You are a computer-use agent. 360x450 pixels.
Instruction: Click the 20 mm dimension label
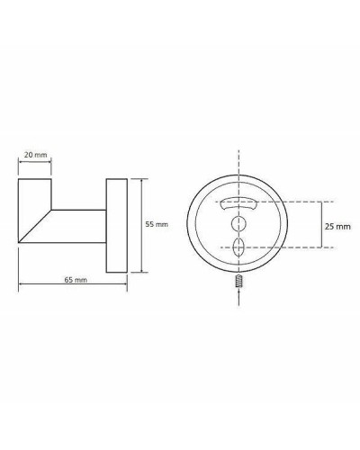coord(36,155)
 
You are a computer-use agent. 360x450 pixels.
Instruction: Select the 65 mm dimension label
coord(75,280)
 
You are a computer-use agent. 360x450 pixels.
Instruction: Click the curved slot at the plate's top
coord(239,202)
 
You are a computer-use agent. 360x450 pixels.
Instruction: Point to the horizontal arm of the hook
coord(81,224)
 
